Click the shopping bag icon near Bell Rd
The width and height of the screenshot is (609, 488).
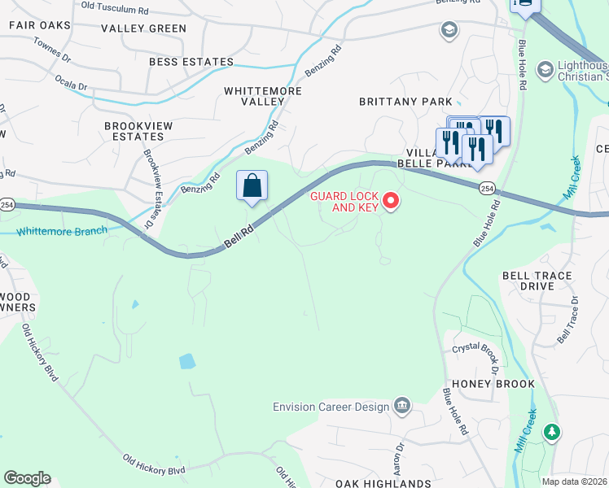pos(252,185)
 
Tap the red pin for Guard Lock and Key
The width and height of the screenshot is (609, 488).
pos(391,200)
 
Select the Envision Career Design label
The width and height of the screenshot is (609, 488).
pos(331,407)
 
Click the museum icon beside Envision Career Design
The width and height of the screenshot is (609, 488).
pos(401,406)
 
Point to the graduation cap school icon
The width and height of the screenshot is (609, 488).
pos(447,31)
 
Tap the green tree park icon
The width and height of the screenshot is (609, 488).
pos(552,432)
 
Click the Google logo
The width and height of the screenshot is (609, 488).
pos(27,478)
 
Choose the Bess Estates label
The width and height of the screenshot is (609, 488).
pos(191,62)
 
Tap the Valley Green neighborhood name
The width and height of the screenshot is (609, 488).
pos(144,28)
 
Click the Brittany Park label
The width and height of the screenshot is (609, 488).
pos(405,102)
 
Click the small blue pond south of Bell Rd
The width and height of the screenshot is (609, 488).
pos(187,361)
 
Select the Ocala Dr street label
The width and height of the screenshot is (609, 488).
pos(72,84)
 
